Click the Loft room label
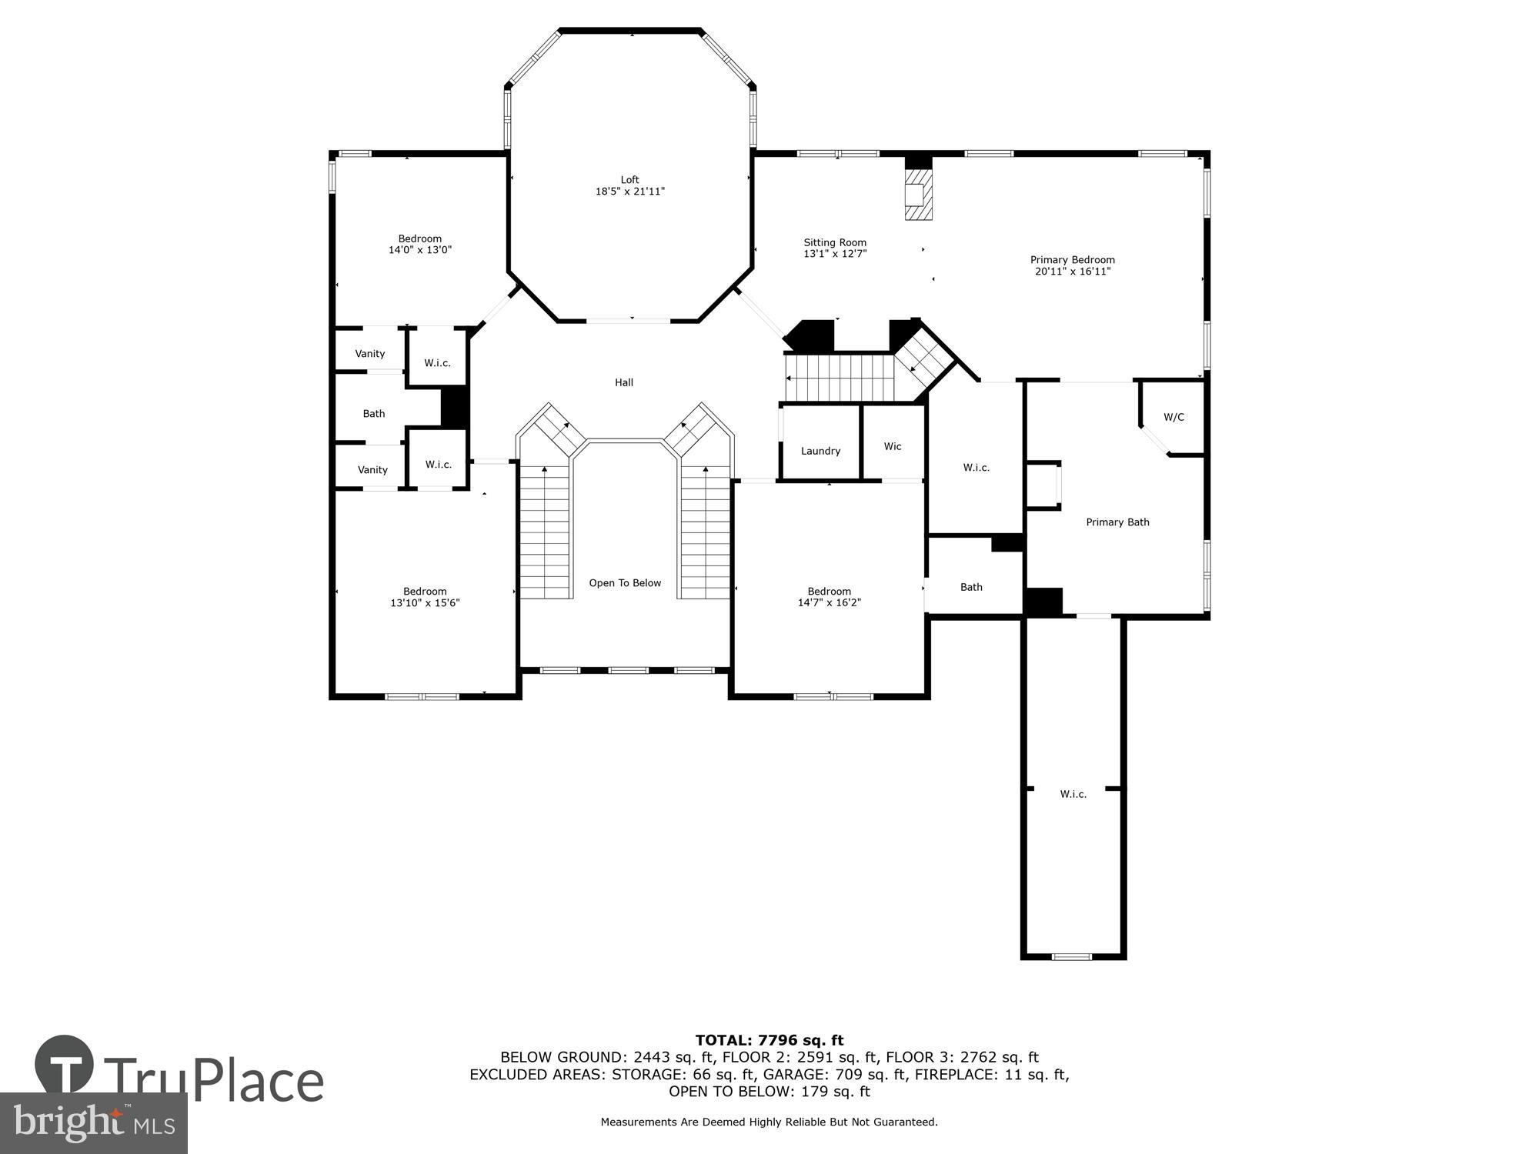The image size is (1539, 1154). pyautogui.click(x=629, y=180)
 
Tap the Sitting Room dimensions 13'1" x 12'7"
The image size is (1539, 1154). pyautogui.click(x=835, y=253)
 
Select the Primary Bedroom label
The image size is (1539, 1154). pyautogui.click(x=1072, y=260)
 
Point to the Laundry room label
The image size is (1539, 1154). pyautogui.click(x=820, y=451)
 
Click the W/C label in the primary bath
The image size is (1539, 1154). pyautogui.click(x=1173, y=417)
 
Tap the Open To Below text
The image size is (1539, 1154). pyautogui.click(x=625, y=583)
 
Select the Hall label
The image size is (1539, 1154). pyautogui.click(x=624, y=382)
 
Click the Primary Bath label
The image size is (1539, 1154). pyautogui.click(x=1117, y=522)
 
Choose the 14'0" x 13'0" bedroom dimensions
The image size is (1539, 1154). pyautogui.click(x=419, y=250)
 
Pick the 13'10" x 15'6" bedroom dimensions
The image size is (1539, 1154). pyautogui.click(x=425, y=603)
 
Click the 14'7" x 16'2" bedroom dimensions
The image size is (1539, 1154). pyautogui.click(x=829, y=602)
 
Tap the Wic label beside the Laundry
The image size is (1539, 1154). pyautogui.click(x=893, y=446)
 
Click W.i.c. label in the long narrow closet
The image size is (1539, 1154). pyautogui.click(x=1073, y=794)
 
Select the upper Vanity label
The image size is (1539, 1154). pyautogui.click(x=369, y=354)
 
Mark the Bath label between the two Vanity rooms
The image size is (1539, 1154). pyautogui.click(x=374, y=414)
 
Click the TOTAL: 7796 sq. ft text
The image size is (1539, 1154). pyautogui.click(x=769, y=1040)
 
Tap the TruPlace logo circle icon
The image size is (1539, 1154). pyautogui.click(x=65, y=1065)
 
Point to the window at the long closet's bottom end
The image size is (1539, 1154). pyautogui.click(x=1072, y=957)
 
